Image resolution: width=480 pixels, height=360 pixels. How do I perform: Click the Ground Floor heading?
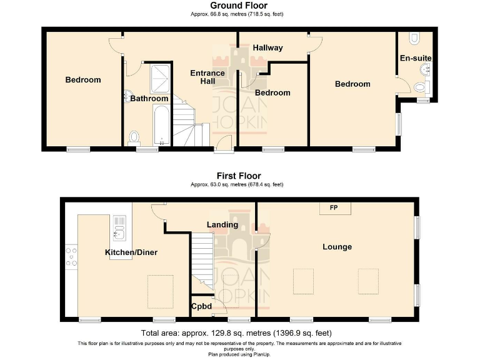coord(239,6)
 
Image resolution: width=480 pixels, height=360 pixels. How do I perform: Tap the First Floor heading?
coord(239,176)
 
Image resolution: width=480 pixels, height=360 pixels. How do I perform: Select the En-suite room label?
coord(416,58)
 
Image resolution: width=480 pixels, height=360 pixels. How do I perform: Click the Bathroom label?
coord(149,99)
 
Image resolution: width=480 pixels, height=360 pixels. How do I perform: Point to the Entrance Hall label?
coord(207,77)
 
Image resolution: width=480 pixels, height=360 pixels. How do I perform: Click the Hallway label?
coord(267,48)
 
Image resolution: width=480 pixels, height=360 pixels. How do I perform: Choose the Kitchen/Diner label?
coord(131,252)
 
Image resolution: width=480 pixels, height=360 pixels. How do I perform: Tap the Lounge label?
coord(337,247)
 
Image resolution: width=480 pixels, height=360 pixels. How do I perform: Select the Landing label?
coord(222,224)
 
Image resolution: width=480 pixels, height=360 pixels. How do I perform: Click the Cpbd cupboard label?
coord(201,307)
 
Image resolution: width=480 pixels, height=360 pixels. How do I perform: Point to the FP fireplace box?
coord(334,207)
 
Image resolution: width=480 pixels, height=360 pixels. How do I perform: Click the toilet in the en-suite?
coord(414,39)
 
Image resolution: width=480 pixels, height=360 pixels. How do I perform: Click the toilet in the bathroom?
coord(134,137)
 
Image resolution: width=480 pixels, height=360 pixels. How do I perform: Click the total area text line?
coord(237,332)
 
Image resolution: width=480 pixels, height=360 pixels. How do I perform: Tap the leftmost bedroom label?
coord(83,80)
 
